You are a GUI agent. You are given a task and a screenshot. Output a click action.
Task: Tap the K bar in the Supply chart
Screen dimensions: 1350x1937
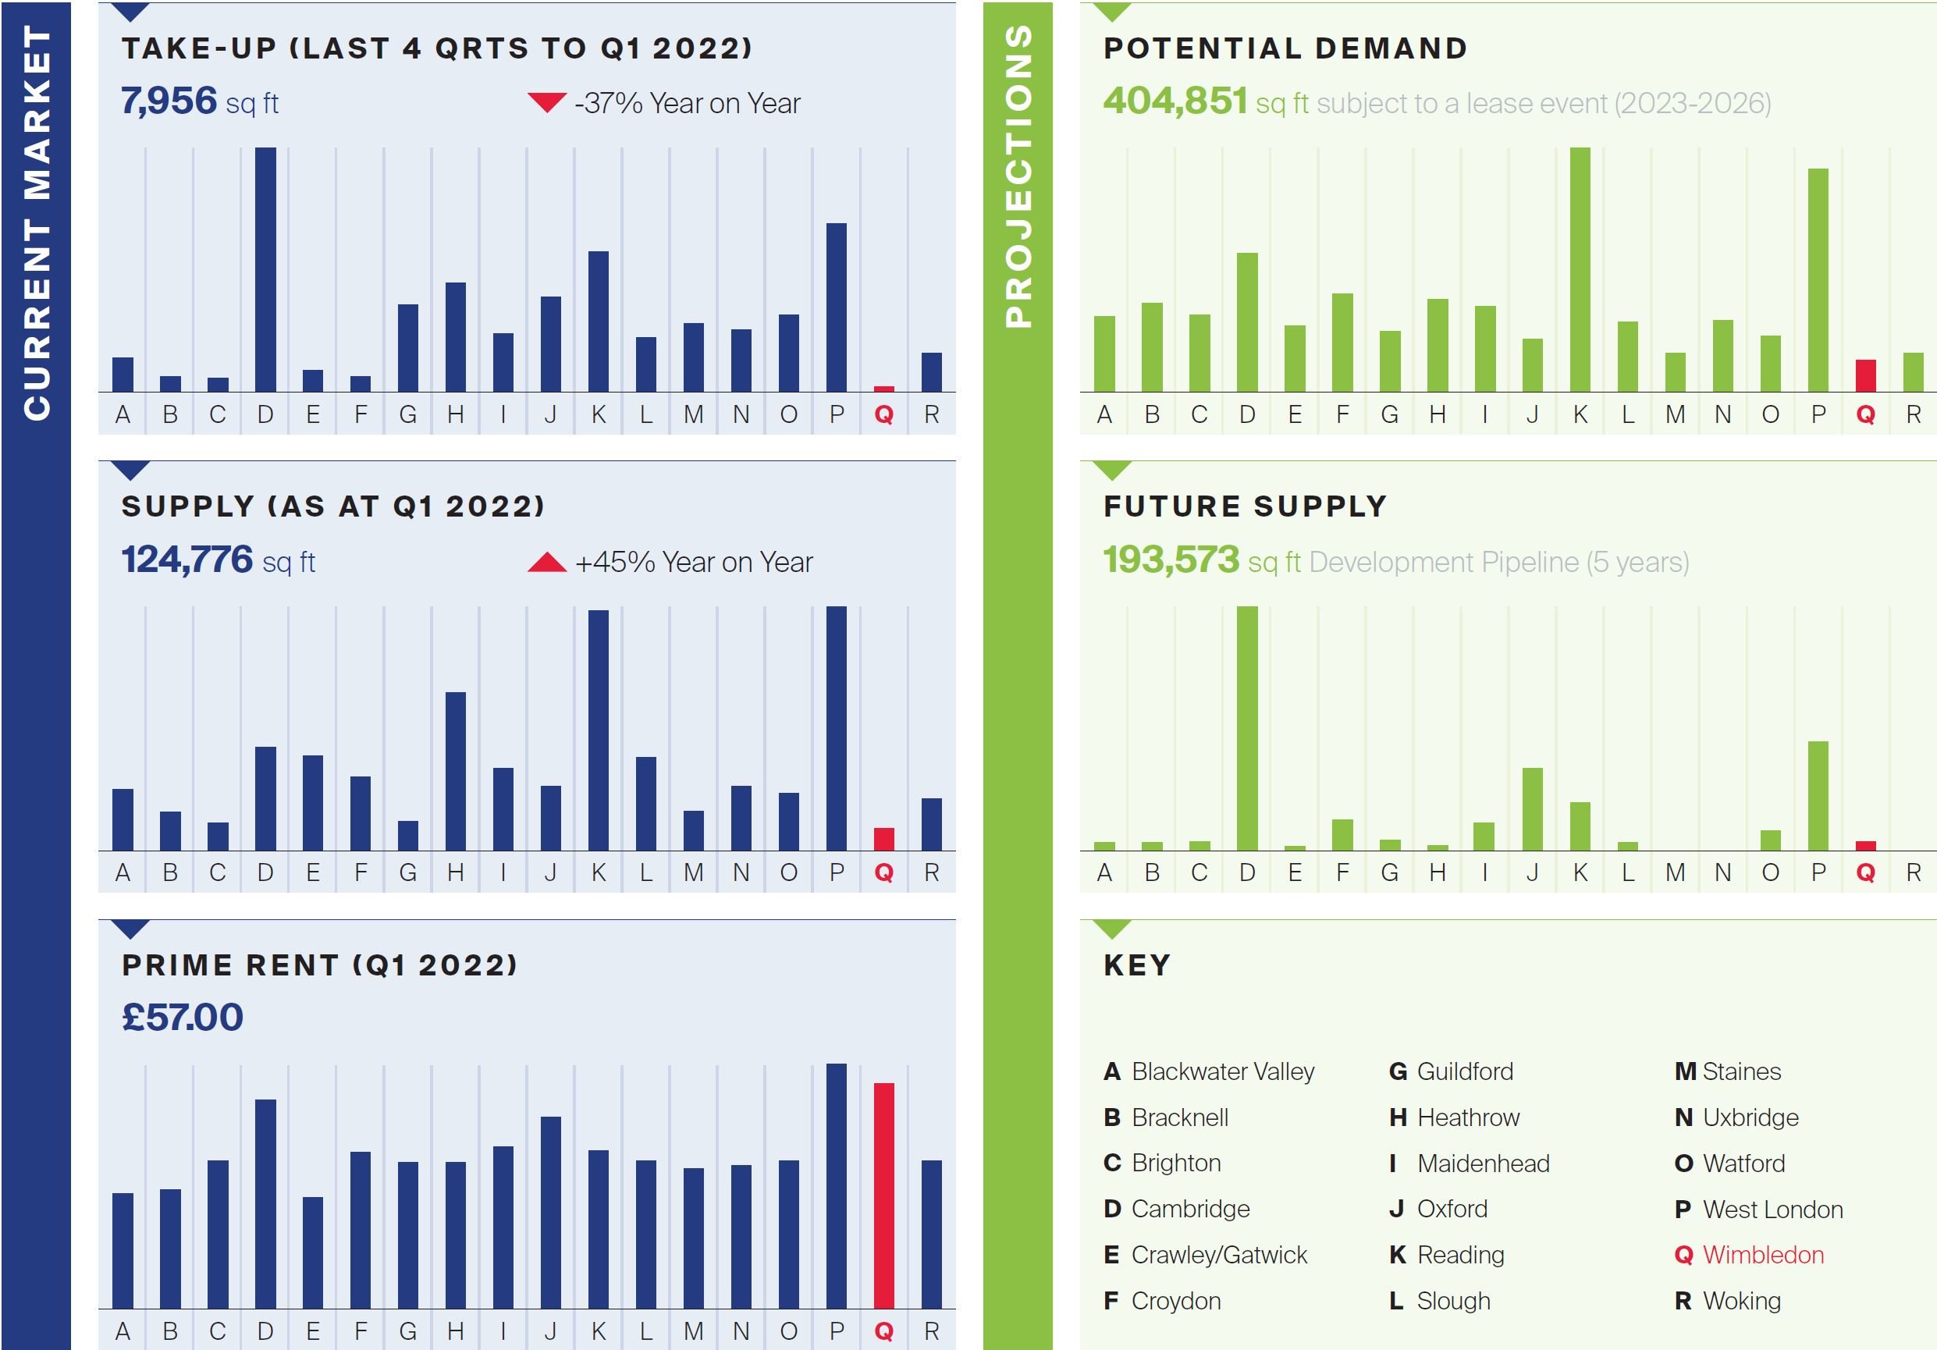click(598, 730)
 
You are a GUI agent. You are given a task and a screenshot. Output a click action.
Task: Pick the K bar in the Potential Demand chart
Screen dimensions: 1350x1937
click(1580, 270)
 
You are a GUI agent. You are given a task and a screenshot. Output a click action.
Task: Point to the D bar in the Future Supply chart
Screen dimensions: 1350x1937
click(1247, 728)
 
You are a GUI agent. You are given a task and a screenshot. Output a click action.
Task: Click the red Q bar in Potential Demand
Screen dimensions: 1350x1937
click(1865, 376)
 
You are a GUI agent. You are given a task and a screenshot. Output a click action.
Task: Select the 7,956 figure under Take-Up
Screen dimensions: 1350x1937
click(169, 101)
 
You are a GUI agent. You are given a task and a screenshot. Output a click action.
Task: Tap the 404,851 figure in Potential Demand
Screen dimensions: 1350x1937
click(1175, 101)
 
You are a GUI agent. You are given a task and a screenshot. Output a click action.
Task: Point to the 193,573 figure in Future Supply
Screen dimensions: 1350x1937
click(1171, 560)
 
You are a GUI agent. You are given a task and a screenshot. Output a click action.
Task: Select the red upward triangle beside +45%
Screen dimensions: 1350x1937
click(546, 562)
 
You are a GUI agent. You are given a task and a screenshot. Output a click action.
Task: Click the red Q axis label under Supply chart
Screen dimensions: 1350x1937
click(883, 872)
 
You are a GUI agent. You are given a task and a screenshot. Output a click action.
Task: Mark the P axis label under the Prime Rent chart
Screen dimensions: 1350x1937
click(836, 1330)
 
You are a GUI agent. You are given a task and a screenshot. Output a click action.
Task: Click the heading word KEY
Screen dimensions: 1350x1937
click(1137, 965)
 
